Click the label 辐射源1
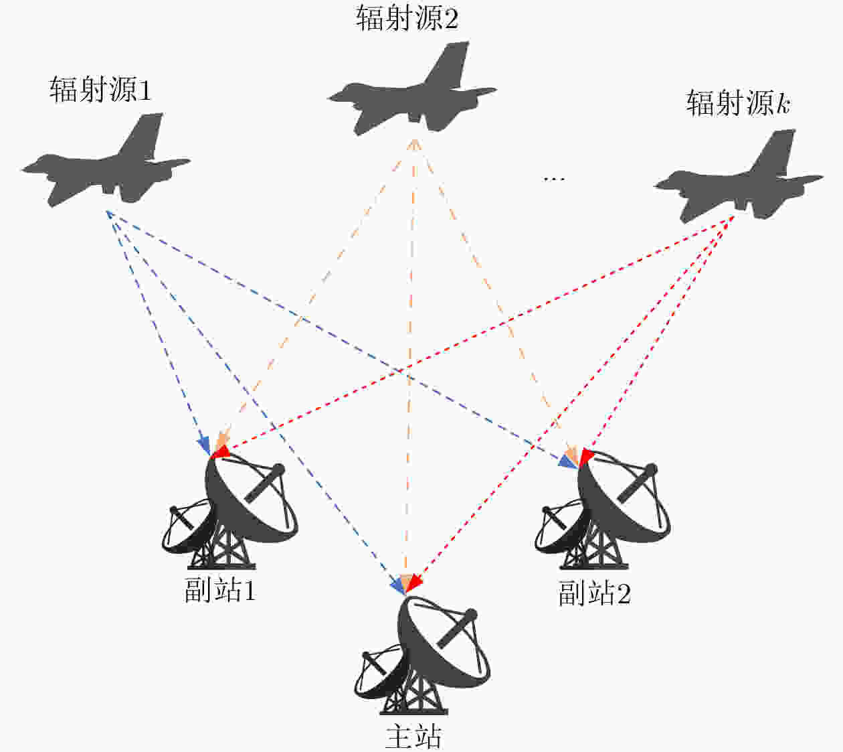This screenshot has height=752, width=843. coord(100,90)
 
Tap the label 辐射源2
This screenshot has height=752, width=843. coord(407,19)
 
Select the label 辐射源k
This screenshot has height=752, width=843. coord(738,102)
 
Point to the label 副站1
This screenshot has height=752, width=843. coord(219,590)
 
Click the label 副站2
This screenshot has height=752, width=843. coord(594,593)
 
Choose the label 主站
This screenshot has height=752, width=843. coord(413,737)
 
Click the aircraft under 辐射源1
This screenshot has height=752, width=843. coord(106,160)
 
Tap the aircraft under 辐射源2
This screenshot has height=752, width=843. coord(412,88)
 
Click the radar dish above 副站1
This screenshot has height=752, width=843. coord(230,513)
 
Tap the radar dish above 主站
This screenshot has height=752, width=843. coord(422,657)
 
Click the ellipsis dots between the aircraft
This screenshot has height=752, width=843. coord(554,179)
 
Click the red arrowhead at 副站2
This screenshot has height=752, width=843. coord(586,455)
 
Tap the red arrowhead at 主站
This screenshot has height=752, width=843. coord(414,583)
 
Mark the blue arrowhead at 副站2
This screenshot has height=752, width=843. coord(566,461)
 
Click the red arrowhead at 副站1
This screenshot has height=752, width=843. coord(221,452)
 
